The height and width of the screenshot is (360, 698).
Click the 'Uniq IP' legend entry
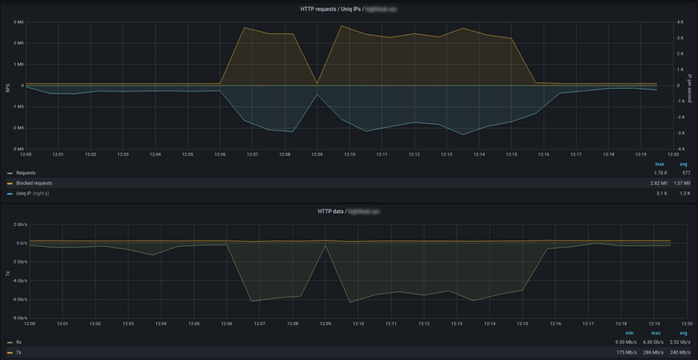[26, 193]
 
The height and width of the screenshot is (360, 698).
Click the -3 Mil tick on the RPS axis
[17, 149]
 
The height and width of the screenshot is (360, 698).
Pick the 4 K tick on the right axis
[678, 21]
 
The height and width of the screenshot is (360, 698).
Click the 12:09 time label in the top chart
[317, 154]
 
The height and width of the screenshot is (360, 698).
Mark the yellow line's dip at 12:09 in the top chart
[317, 83]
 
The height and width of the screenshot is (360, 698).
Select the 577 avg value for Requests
[685, 173]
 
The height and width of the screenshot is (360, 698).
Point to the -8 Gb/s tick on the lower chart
[17, 318]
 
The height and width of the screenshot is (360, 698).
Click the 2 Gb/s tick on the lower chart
[18, 224]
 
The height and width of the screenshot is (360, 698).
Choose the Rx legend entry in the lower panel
[18, 342]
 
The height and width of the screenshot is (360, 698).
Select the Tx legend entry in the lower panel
[18, 352]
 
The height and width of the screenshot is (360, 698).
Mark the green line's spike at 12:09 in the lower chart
[325, 245]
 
